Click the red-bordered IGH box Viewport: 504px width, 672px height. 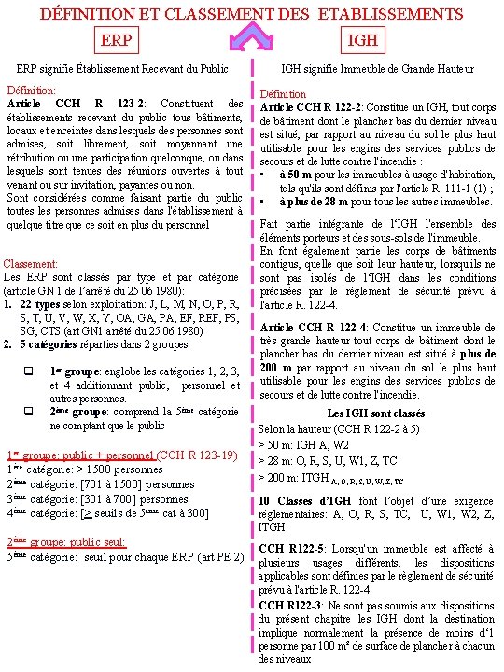361,40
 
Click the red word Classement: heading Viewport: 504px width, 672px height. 33,265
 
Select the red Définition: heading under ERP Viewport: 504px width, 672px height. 30,91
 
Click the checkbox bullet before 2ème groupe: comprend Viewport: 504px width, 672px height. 28,412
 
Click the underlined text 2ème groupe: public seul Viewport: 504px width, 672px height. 65,541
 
